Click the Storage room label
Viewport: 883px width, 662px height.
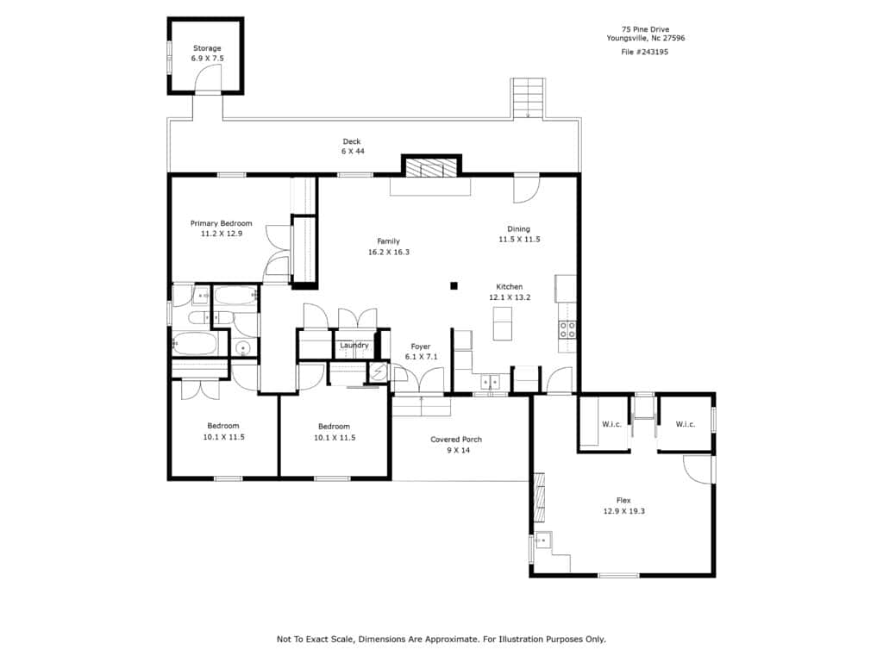click(x=207, y=48)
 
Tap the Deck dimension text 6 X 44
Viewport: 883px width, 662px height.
click(x=353, y=152)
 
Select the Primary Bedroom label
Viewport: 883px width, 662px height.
click(x=222, y=223)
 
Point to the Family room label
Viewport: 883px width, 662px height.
click(x=389, y=241)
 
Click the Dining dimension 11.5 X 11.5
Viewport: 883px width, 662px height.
click(x=519, y=240)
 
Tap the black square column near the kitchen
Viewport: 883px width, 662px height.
click(x=454, y=286)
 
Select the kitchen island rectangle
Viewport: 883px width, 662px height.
click(x=503, y=324)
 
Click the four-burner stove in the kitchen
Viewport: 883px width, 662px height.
click(x=567, y=330)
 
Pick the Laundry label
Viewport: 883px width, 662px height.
click(x=354, y=346)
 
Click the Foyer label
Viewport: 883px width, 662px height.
click(x=421, y=347)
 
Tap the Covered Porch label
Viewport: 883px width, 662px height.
click(x=456, y=440)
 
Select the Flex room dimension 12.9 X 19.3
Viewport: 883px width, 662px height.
click(x=624, y=511)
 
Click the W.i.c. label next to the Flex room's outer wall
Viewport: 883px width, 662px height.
click(x=686, y=424)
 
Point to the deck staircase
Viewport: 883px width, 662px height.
click(x=528, y=98)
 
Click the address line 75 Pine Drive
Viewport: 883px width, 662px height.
click(x=645, y=29)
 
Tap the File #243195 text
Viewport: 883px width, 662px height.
click(x=645, y=52)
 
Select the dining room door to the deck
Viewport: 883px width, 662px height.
click(x=527, y=189)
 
